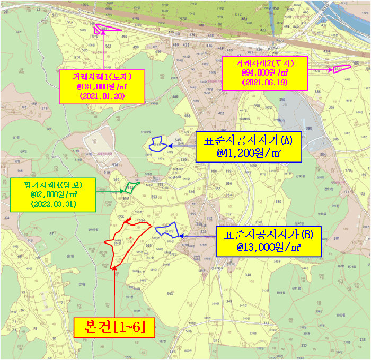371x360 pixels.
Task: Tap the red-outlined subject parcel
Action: point(127,241)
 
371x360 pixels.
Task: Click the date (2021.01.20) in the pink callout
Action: point(100,97)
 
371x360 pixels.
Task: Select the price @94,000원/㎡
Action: point(264,73)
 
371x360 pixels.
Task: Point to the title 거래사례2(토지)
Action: point(264,63)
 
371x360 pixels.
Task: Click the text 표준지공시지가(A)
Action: point(248,141)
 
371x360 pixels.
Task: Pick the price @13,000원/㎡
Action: point(269,247)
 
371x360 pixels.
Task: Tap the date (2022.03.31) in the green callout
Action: point(53,204)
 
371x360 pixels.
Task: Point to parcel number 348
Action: point(247,275)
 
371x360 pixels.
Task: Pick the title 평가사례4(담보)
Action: point(53,185)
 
